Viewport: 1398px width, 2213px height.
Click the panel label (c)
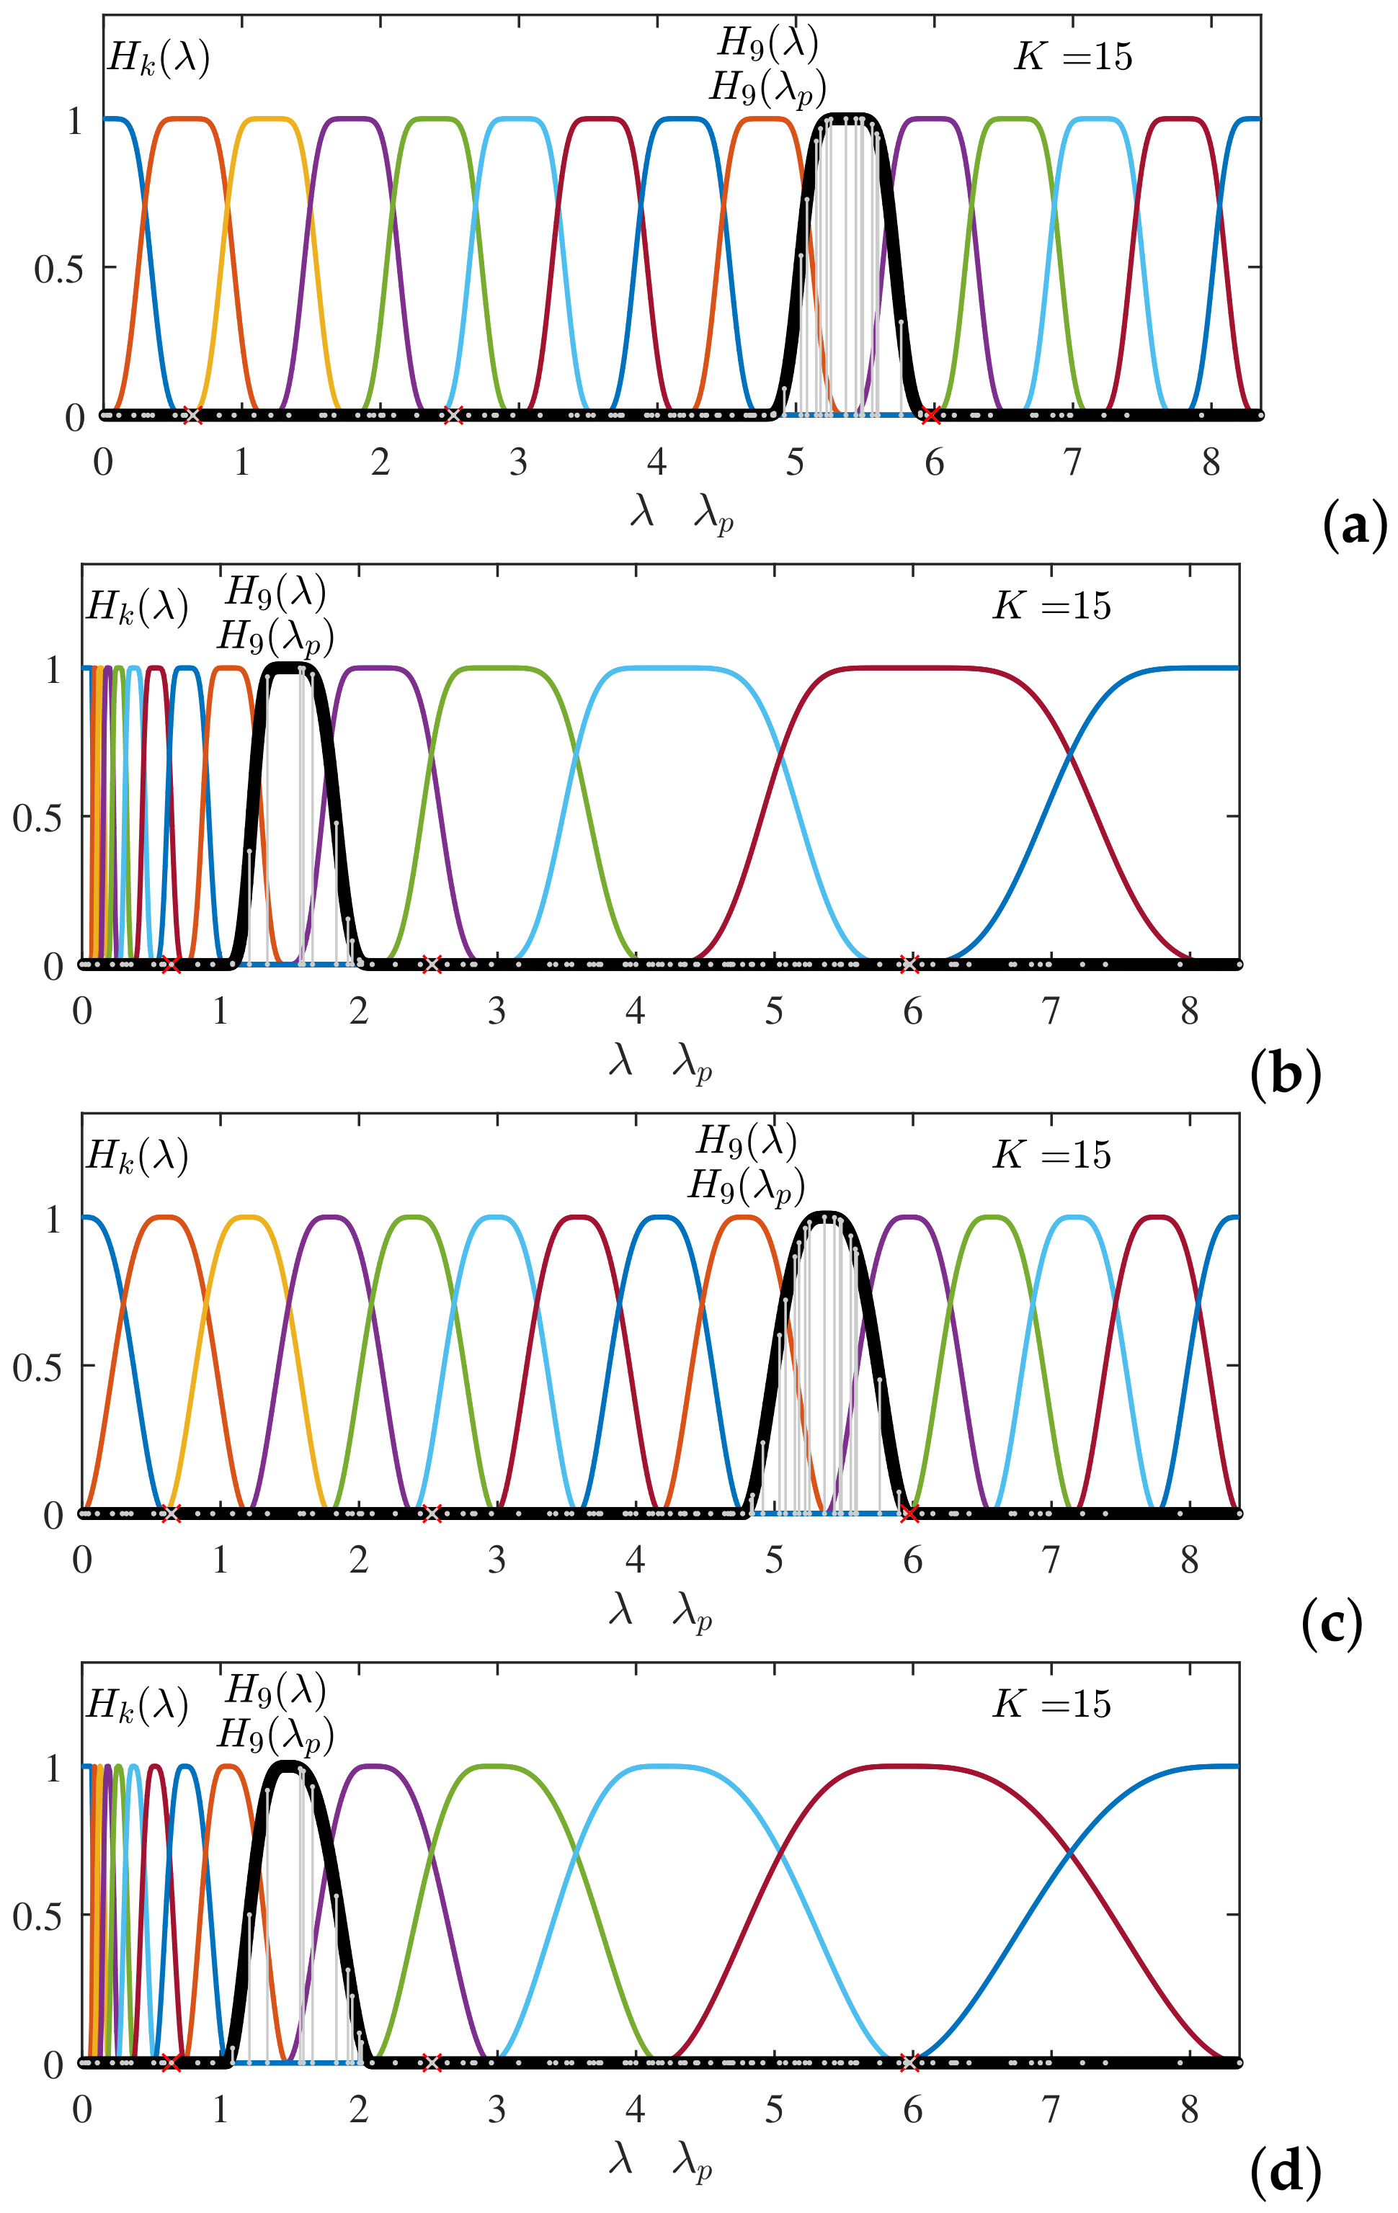(1331, 1623)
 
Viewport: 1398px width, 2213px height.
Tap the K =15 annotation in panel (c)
(1051, 1155)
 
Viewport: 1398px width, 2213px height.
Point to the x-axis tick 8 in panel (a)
(1211, 462)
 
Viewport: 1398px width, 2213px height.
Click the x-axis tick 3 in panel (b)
(497, 1011)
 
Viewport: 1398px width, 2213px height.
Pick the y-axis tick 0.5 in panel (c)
(37, 1367)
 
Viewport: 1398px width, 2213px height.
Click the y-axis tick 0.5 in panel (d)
(37, 1916)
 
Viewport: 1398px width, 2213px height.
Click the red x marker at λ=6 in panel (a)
(932, 416)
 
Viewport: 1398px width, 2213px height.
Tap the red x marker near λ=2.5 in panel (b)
(431, 964)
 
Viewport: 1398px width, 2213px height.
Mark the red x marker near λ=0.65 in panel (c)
(171, 1514)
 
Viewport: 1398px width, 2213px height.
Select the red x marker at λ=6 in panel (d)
(910, 2062)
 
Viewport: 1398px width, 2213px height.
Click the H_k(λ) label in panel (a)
(158, 58)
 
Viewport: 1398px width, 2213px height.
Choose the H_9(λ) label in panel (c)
(747, 1140)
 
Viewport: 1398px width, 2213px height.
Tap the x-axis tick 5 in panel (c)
(774, 1560)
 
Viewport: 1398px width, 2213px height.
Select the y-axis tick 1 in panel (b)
(53, 669)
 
